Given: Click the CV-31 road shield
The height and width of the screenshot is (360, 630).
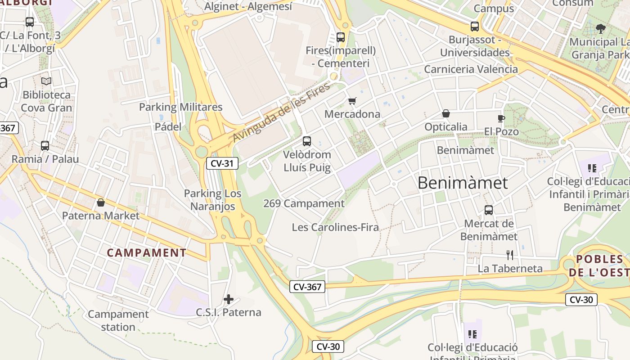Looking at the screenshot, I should pos(222,163).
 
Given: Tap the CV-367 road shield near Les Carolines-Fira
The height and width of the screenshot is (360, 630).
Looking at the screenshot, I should pos(307,286).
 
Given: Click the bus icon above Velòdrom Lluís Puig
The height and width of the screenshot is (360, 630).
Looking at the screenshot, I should pos(307,141).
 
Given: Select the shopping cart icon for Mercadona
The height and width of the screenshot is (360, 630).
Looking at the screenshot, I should pos(352,101).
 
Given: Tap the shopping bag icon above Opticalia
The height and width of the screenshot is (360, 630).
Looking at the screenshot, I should pos(446,113).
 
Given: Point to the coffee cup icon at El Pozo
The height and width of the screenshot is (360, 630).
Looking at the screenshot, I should pos(501,118).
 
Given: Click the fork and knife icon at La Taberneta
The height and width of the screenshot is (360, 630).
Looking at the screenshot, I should pos(510,255).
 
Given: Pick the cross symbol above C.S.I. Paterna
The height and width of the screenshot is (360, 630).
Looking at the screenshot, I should pos(229,299).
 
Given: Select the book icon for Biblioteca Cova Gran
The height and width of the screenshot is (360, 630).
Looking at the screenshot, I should pos(46,81).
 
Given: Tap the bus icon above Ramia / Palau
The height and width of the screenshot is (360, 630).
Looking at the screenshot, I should pos(45,146).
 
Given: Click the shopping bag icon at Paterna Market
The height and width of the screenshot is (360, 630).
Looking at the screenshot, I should pos(101,202).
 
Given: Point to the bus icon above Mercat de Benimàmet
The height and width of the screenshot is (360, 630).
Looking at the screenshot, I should pos(489,210).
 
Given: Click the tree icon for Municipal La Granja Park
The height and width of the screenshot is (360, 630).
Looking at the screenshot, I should pos(600,29).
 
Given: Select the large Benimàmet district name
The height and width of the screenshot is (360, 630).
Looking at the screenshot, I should pos(463,183).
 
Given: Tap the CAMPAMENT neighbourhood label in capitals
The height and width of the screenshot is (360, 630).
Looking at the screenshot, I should pos(147,252).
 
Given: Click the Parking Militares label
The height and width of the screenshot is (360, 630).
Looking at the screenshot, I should pos(180,107).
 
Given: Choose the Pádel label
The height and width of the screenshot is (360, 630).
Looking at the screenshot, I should pos(168,126).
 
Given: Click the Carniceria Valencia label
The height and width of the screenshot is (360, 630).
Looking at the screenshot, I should pos(471,69).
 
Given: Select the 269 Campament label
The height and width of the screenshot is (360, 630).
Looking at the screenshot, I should pos(304,203).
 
